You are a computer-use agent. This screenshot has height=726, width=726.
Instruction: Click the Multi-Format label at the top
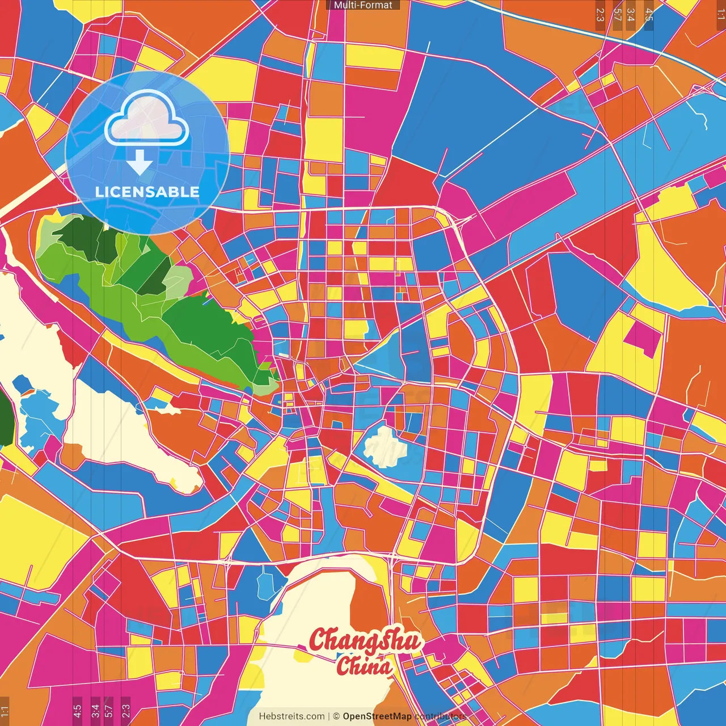click(363, 5)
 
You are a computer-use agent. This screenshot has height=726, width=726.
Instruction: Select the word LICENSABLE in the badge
click(147, 192)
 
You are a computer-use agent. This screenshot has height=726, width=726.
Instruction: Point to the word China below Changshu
click(364, 666)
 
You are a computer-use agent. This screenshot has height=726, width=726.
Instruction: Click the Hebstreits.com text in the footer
click(292, 716)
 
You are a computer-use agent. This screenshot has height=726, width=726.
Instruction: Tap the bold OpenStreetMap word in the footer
click(377, 716)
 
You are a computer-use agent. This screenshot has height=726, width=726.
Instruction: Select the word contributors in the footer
click(441, 716)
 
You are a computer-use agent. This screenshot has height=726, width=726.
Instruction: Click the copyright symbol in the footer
click(336, 716)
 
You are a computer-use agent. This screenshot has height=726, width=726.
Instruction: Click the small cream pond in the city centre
click(386, 446)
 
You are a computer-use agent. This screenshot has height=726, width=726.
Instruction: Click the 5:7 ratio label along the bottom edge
click(109, 710)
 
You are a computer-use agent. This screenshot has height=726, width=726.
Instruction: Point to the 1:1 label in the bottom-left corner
click(5, 711)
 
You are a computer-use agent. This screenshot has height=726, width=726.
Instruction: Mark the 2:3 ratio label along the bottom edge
click(126, 710)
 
